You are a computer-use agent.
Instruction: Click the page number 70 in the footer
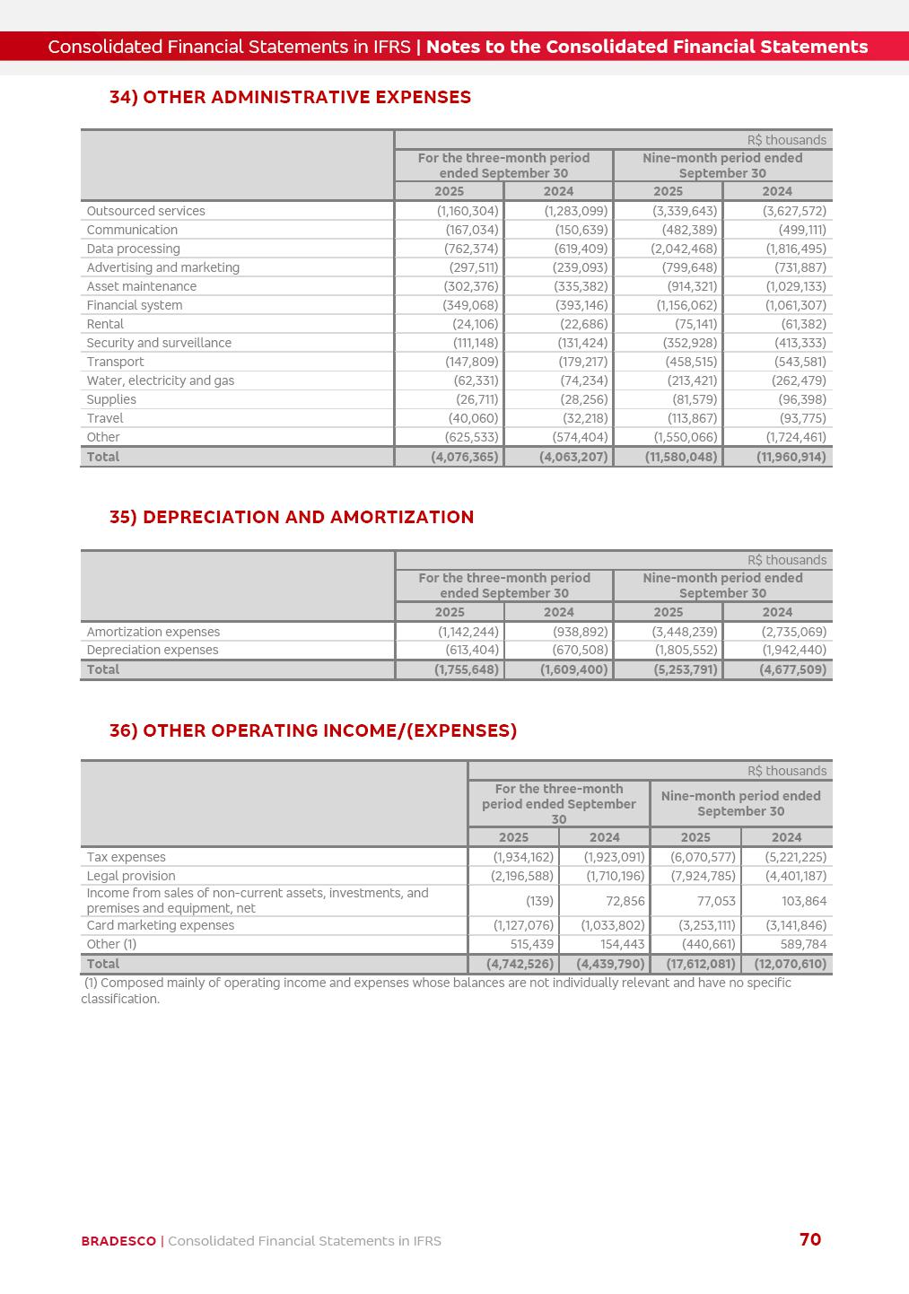click(809, 1239)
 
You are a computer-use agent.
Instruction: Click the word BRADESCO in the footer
click(118, 1241)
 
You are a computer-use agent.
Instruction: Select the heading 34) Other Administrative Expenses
click(290, 97)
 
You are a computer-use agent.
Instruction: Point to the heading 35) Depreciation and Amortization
click(292, 517)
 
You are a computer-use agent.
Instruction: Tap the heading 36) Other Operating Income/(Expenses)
click(313, 730)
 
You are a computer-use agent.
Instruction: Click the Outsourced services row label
click(145, 211)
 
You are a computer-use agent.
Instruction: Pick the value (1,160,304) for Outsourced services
click(468, 211)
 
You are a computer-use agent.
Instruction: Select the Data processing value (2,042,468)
click(684, 249)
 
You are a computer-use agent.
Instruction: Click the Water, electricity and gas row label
click(160, 380)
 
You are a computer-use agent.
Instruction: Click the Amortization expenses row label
click(153, 632)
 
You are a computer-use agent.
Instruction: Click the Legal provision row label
click(131, 876)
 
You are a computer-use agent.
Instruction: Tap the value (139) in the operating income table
click(539, 901)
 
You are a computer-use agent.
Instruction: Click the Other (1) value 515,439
click(526, 944)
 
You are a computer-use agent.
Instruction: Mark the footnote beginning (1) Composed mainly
click(436, 991)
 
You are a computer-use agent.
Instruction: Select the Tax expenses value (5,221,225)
click(796, 857)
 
